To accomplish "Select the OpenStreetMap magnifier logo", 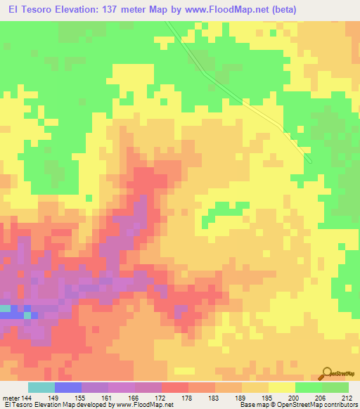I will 328,373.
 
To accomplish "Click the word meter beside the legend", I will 11,397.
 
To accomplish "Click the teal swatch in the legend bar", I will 41,387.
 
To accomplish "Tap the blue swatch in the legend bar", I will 68,387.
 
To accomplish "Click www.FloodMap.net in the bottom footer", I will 151,405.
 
